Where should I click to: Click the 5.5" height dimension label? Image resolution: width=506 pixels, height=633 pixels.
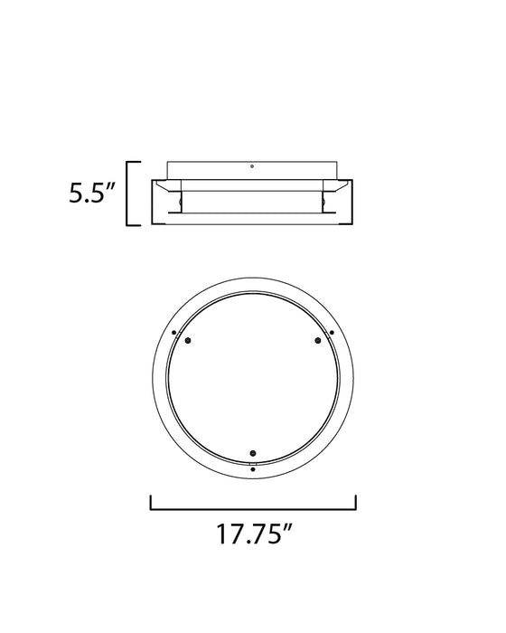pos(92,193)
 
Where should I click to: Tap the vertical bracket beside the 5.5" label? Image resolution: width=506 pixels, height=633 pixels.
pos(127,194)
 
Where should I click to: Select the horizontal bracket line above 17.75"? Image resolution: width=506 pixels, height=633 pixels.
pos(253,509)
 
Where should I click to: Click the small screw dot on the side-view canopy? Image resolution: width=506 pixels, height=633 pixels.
pos(252,165)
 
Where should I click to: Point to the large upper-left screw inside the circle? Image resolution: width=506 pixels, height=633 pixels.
pos(188,341)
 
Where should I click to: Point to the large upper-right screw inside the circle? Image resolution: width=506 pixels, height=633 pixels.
pos(318,341)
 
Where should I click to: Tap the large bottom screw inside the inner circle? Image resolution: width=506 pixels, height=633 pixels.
pos(253,453)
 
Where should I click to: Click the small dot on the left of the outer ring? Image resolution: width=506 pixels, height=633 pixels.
pos(173,333)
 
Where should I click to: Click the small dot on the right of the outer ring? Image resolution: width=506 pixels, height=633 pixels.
pos(332,333)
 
